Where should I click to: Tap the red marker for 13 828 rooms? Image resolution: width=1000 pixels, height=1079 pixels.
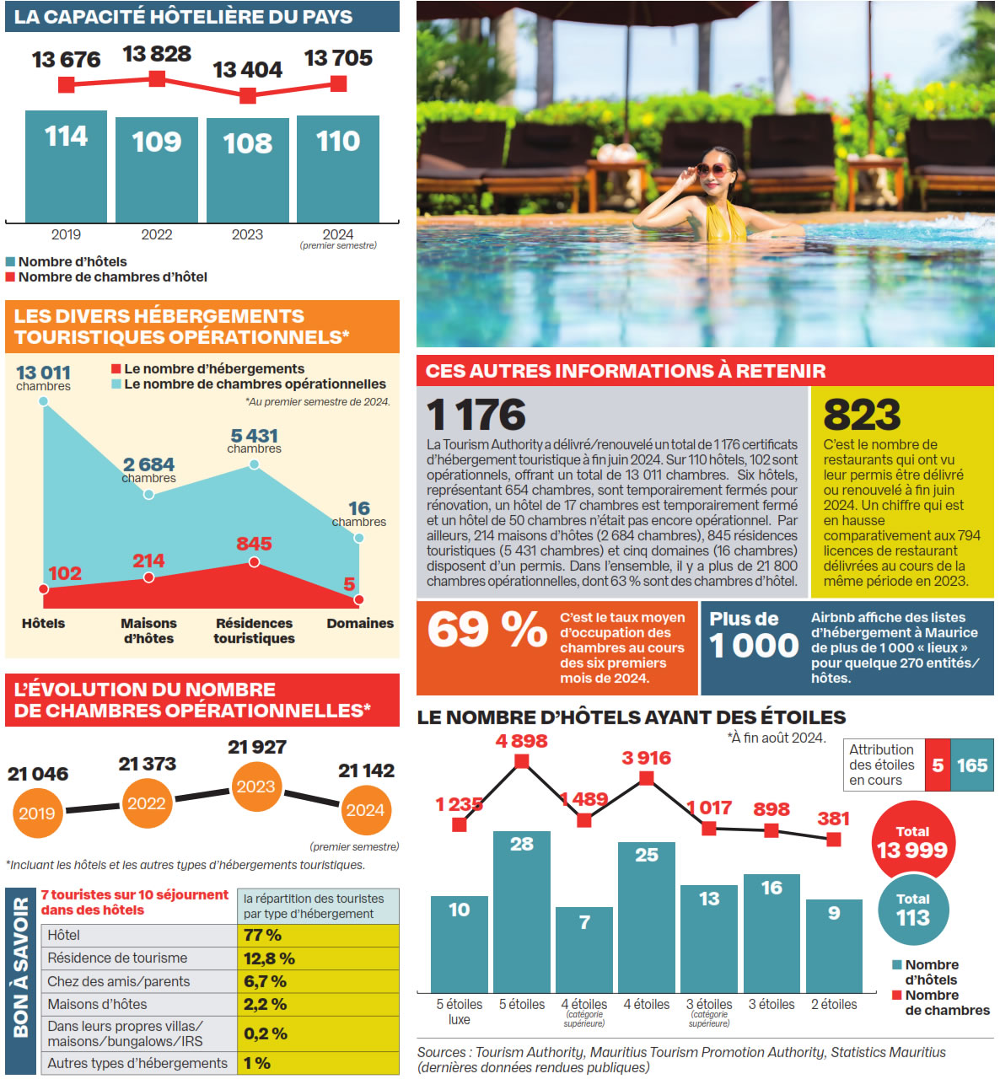[157, 78]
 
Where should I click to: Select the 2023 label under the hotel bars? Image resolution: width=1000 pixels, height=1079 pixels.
[247, 234]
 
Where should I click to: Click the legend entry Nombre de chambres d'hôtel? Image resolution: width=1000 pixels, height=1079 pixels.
[112, 277]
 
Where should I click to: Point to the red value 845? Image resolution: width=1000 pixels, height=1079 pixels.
[254, 544]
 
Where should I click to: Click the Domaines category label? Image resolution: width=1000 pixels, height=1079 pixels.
[360, 623]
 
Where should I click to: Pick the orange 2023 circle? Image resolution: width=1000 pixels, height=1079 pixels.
[255, 786]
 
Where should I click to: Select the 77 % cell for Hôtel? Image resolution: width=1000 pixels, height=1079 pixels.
[263, 935]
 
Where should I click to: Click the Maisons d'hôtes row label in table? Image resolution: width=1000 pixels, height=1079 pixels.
[97, 1004]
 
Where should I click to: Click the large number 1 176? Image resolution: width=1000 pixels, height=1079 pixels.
[476, 414]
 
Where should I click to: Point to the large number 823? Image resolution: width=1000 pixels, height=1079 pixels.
[862, 415]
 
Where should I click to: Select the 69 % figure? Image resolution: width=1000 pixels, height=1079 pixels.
[487, 630]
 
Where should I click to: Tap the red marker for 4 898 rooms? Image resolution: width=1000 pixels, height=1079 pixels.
[522, 761]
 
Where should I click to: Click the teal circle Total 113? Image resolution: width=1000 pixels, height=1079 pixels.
[912, 910]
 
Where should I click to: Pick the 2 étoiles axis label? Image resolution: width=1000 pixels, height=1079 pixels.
[833, 1004]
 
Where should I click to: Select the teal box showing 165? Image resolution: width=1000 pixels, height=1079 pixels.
[971, 765]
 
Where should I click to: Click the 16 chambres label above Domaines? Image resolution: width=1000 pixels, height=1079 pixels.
[359, 513]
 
